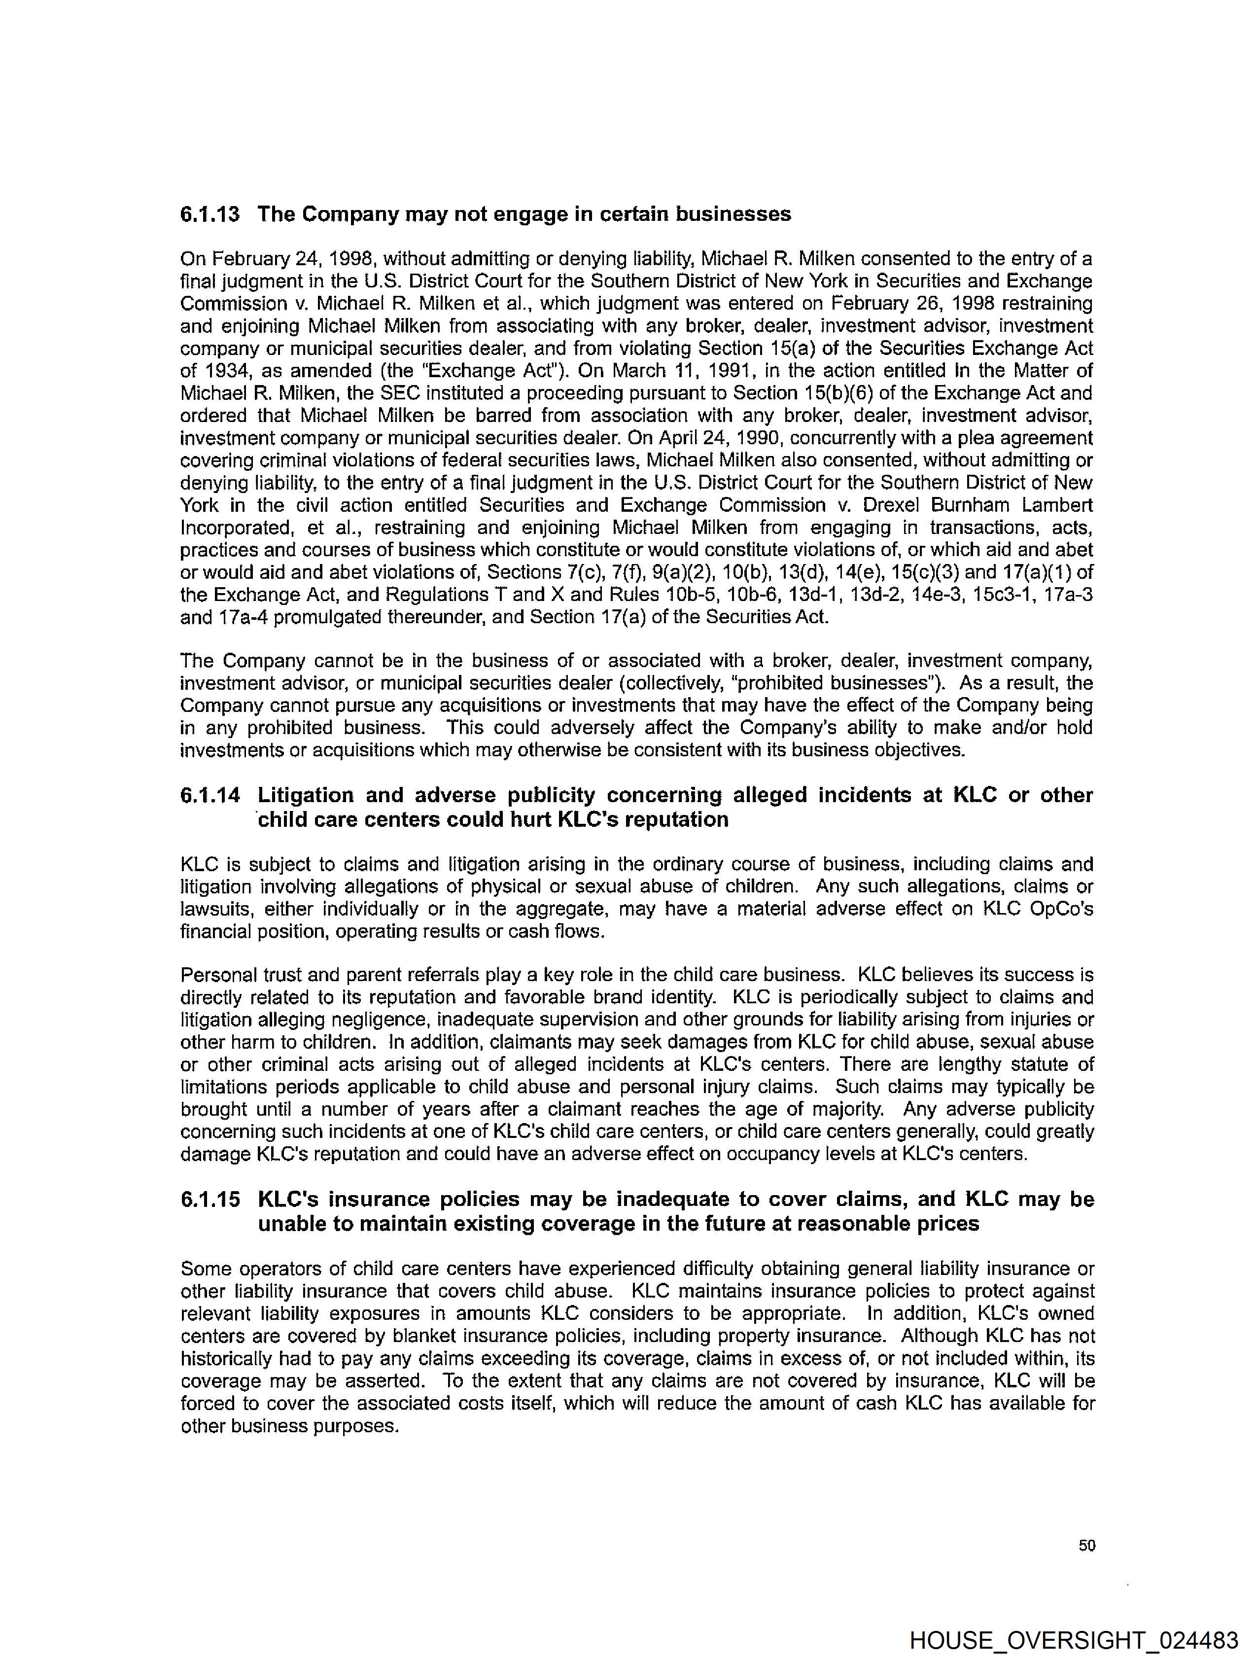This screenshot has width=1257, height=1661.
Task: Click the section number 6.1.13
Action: [210, 215]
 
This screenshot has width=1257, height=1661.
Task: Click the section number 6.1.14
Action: [210, 795]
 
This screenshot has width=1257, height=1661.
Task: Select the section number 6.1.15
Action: [210, 1199]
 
